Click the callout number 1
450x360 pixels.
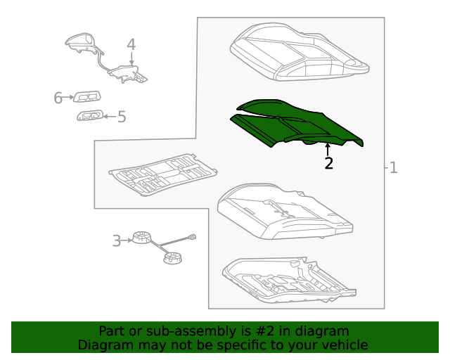point(393,167)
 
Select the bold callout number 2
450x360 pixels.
point(328,163)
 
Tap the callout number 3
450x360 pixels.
point(117,241)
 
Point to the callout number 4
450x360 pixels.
point(131,44)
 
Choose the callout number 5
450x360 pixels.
point(122,117)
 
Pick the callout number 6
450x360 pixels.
point(58,98)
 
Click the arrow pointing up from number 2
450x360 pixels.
point(328,150)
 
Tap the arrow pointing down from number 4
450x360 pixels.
point(131,58)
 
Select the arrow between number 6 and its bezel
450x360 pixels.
point(68,97)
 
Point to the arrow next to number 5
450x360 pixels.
point(110,116)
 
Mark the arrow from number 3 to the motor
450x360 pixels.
point(127,240)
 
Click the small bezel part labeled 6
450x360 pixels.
point(87,97)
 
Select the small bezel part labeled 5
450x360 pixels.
point(90,115)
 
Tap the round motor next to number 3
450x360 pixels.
point(141,237)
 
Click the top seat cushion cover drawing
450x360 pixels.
point(300,52)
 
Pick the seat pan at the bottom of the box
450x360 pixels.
point(288,281)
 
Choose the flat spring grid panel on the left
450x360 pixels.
point(162,174)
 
